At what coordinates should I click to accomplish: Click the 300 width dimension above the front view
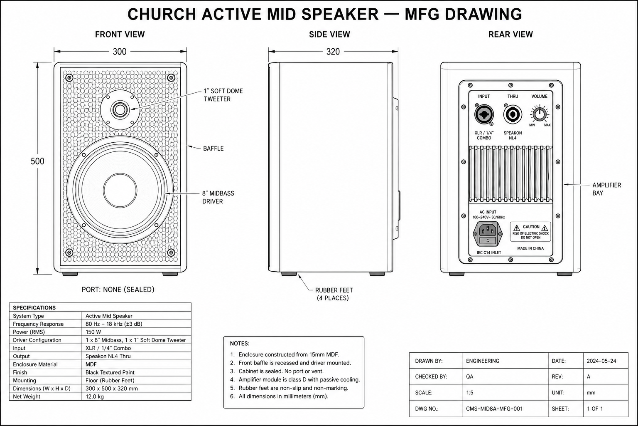point(120,52)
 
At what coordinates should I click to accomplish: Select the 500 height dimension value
point(37,161)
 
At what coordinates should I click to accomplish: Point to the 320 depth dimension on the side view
point(333,52)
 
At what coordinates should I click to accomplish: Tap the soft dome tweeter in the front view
point(120,110)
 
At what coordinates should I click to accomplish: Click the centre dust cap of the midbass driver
point(120,191)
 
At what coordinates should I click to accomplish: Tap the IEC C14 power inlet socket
point(488,234)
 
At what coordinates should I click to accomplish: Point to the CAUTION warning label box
point(530,232)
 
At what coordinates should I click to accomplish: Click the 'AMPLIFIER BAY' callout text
point(607,189)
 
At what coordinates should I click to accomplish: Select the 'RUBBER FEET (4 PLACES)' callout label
point(334,294)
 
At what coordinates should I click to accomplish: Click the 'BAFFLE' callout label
point(213,149)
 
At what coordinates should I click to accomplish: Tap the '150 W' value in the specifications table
point(93,332)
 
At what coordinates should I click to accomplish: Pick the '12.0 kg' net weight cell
point(95,396)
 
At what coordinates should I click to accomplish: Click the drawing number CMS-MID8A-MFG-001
point(494,409)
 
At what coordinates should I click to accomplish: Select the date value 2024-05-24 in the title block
point(601,361)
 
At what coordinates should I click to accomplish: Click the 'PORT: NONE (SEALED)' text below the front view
point(118,290)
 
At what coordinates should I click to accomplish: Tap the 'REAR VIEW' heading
point(510,34)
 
